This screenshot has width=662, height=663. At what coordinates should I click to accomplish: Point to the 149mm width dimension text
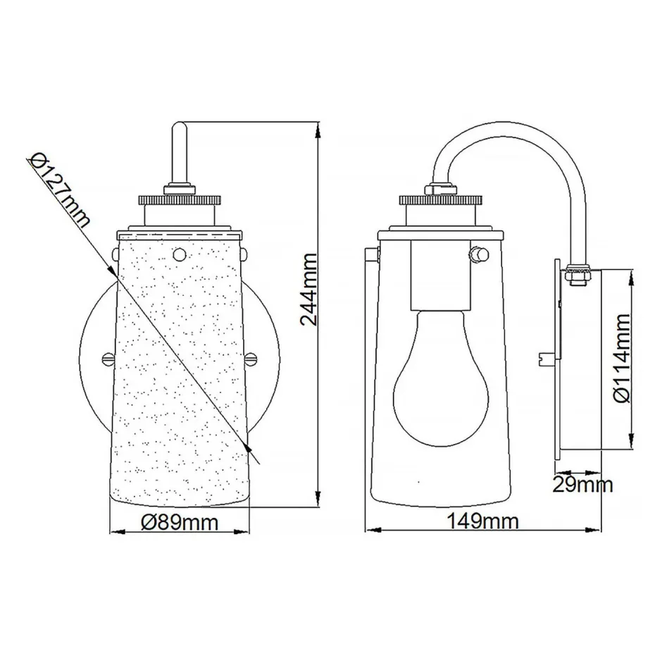[484, 521]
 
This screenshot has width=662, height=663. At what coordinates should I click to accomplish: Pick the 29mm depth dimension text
[582, 484]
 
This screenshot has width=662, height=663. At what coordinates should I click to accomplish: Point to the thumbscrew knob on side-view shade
[480, 253]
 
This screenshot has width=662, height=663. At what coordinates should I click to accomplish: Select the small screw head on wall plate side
[545, 359]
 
